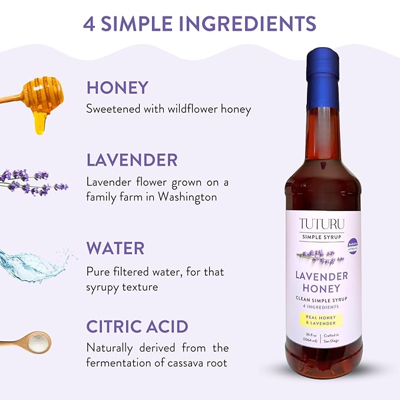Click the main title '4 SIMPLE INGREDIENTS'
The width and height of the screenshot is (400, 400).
(200, 24)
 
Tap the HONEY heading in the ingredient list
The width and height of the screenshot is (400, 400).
(117, 88)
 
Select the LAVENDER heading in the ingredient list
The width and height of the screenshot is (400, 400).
(132, 160)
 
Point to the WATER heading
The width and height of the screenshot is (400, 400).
(115, 248)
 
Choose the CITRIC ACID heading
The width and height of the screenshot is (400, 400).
(137, 326)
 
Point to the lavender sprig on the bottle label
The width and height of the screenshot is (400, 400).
(318, 256)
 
